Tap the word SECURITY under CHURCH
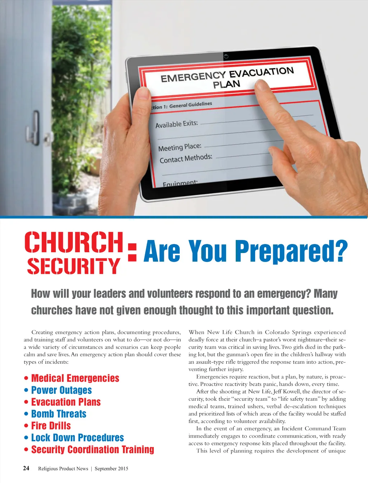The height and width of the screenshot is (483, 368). tap(73, 266)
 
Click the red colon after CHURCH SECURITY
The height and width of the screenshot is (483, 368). tap(132, 252)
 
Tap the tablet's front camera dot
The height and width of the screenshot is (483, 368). tap(226, 56)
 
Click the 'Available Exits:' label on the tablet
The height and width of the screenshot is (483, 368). tap(176, 124)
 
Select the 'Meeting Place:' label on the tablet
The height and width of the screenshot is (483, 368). tap(180, 147)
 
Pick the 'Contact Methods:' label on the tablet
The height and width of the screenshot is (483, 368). tap(186, 158)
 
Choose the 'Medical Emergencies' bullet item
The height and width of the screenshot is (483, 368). tap(75, 378)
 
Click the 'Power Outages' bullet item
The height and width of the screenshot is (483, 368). tap(61, 390)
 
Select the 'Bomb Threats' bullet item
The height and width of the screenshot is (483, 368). tap(59, 414)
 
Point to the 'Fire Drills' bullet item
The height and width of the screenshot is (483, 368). tap(51, 425)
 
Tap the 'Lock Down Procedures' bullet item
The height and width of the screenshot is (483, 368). tap(77, 437)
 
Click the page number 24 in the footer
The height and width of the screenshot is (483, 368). tap(26, 468)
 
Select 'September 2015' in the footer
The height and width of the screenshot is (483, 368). tap(111, 469)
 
